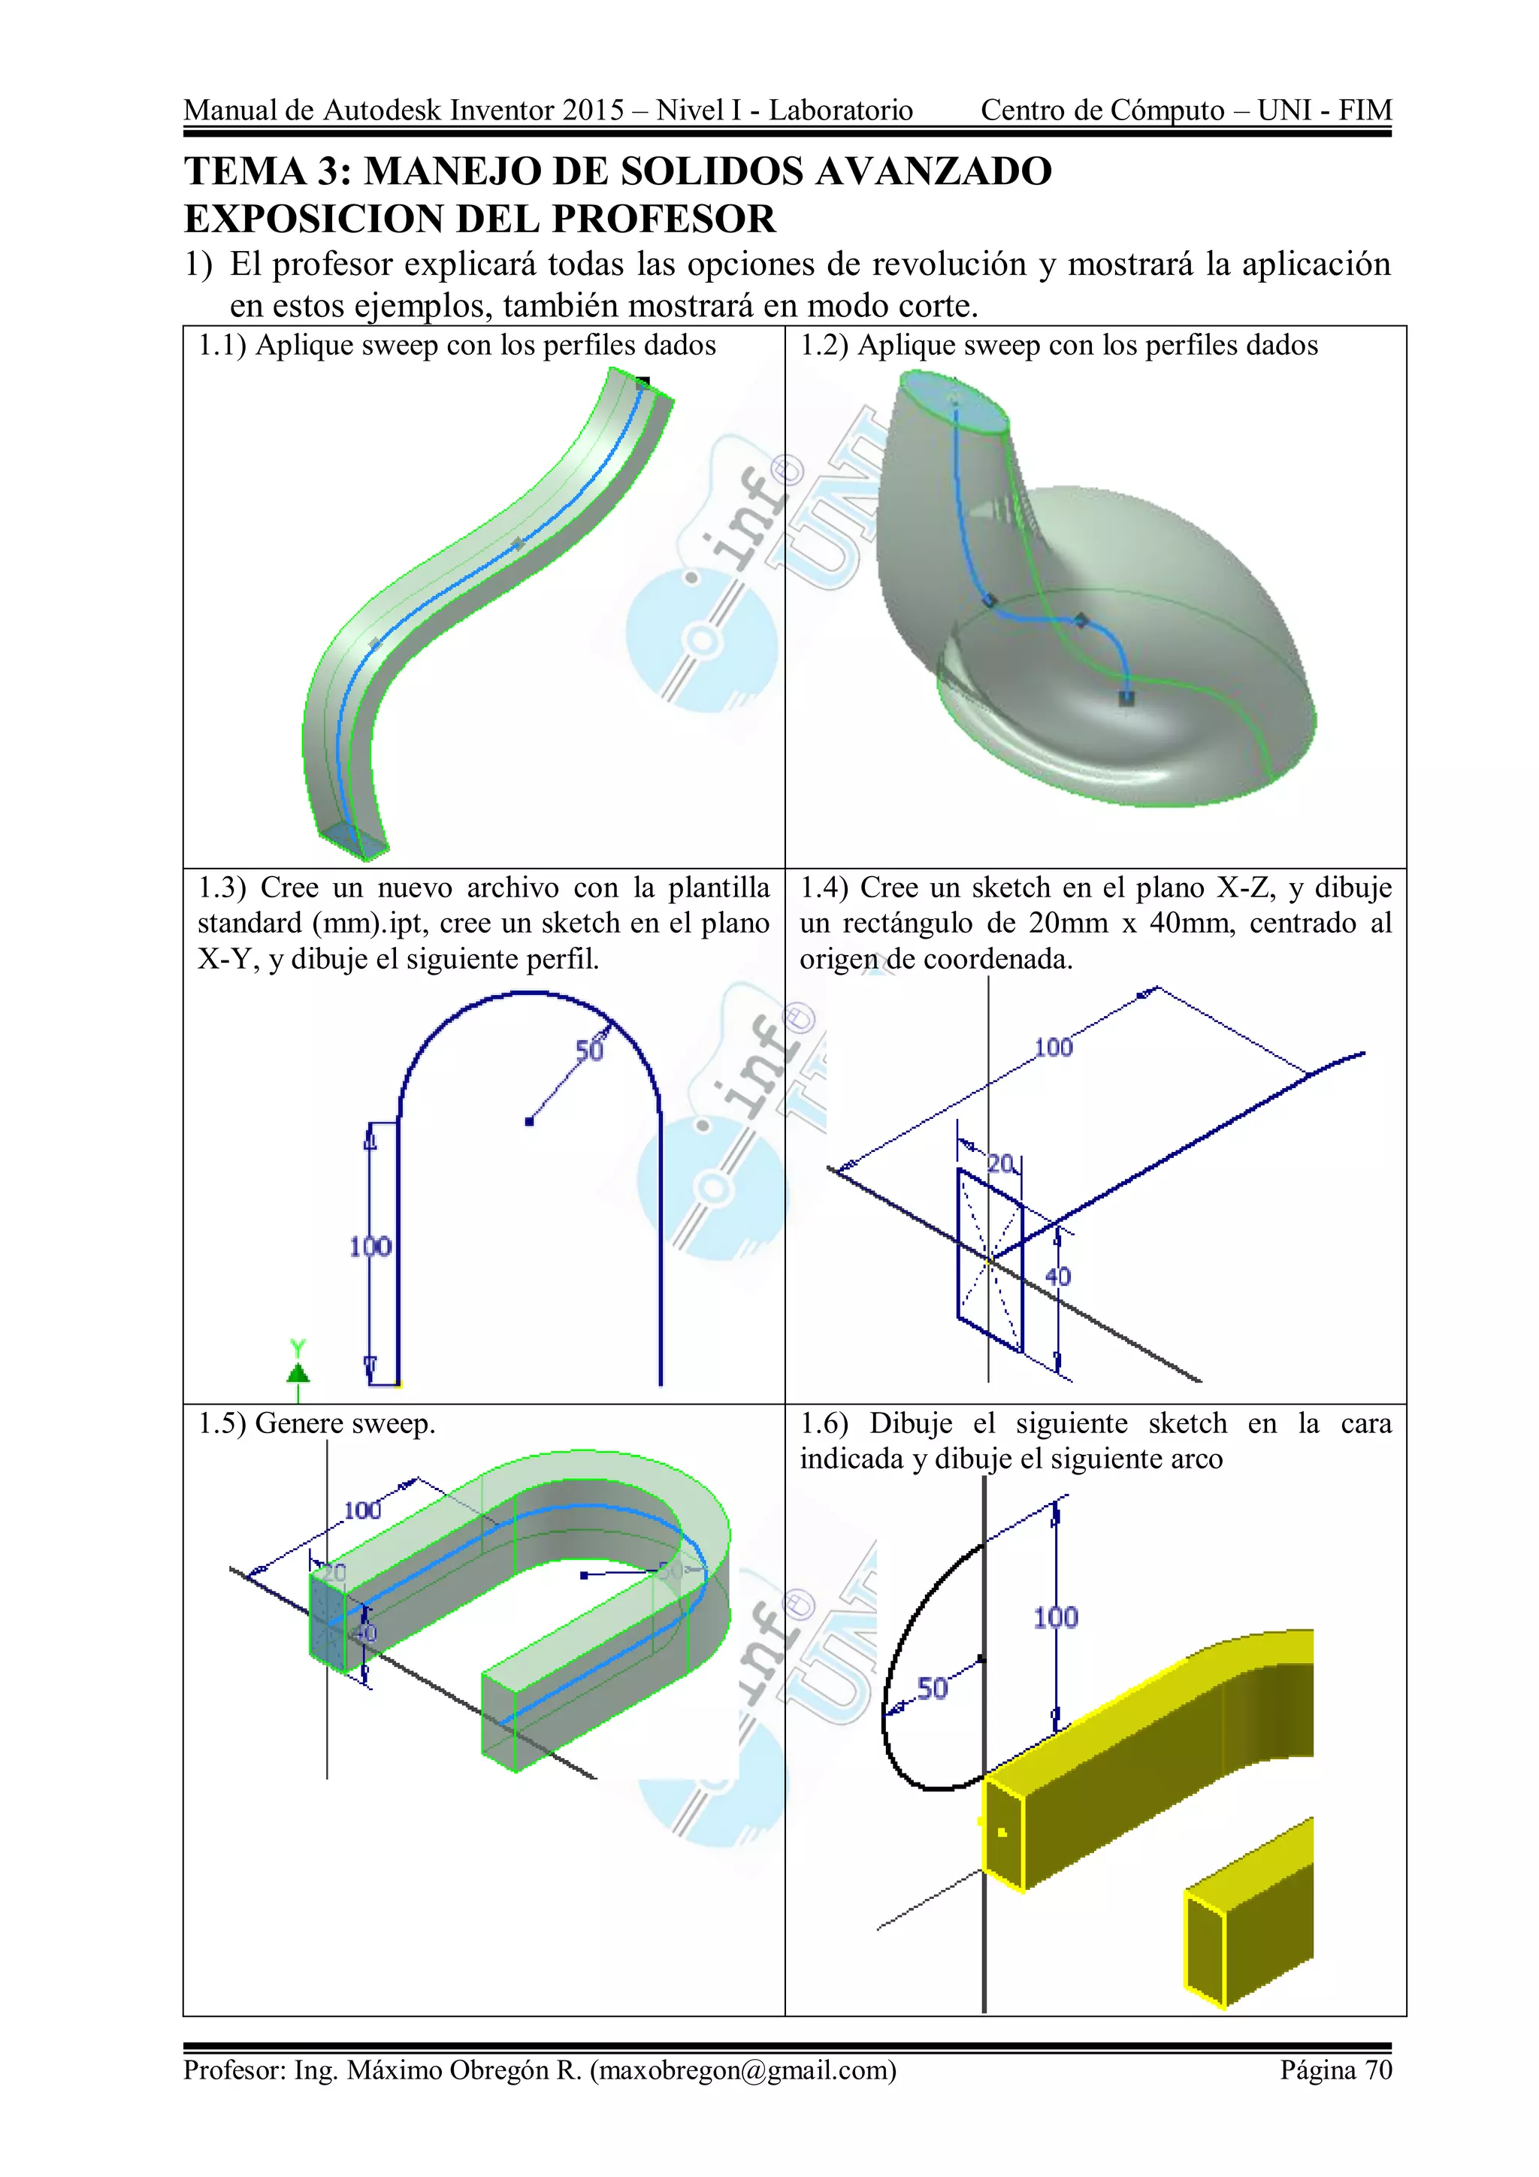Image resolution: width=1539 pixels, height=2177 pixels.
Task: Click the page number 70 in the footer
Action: pos(1377,2069)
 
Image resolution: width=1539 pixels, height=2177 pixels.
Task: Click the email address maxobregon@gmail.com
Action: pos(742,2069)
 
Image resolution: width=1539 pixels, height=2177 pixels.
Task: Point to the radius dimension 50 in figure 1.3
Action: pos(589,1051)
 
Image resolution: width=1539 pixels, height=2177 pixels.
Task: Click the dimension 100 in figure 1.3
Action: pos(370,1246)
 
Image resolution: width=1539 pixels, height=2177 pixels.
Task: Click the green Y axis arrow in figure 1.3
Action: pos(298,1371)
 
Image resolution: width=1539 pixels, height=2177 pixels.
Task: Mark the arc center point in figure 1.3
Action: pos(529,1122)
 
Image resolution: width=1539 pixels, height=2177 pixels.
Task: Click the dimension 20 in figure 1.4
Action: pos(1000,1163)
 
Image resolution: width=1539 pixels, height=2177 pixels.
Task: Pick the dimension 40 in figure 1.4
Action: pos(1057,1276)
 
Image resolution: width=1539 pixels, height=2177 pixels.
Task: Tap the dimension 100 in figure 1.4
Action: pos(1053,1047)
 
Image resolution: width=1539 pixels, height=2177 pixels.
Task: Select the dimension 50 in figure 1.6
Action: pos(931,1688)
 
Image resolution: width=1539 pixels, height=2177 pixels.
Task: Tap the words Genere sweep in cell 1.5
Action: pos(345,1424)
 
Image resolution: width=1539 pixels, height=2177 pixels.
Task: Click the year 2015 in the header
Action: pos(593,111)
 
